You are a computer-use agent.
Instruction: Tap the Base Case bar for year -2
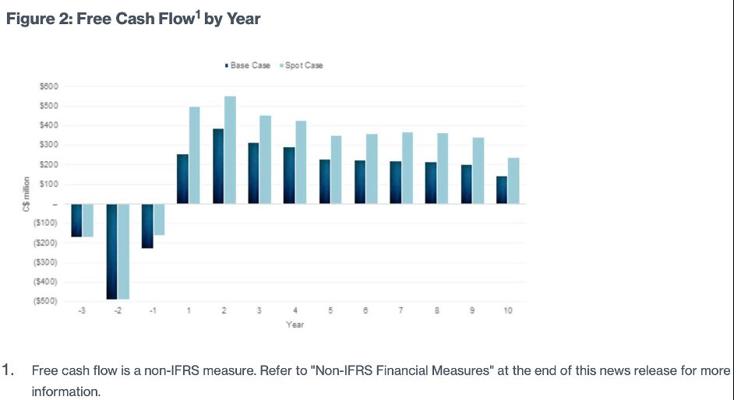pos(112,251)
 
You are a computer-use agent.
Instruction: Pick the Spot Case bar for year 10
pos(513,181)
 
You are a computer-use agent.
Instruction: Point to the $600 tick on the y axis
pos(48,86)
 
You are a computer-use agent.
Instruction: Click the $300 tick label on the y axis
pos(48,145)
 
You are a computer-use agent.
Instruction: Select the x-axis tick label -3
pos(82,311)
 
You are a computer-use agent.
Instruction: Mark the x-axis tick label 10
pos(508,311)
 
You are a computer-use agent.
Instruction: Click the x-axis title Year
pos(295,324)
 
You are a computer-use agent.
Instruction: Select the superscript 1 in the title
pos(197,14)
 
